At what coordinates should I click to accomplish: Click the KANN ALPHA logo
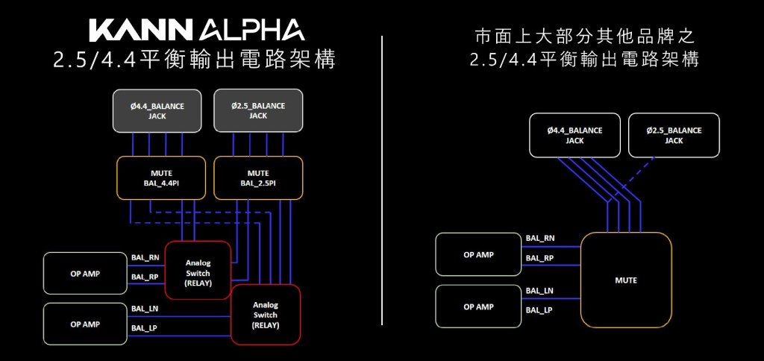coord(197,30)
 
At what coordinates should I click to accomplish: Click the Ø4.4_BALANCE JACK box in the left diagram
coord(157,111)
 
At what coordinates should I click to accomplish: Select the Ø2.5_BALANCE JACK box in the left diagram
coord(258,111)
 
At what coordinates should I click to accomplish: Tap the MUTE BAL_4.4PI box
coord(161,178)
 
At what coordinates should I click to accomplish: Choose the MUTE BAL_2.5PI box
coord(258,178)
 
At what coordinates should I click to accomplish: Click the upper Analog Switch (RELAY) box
coord(198,270)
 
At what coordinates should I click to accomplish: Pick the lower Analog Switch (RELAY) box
coord(266,314)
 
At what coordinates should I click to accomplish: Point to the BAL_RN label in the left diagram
coord(145,258)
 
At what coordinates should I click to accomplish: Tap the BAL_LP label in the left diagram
coord(144,327)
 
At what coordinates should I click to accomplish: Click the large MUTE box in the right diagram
coord(625,280)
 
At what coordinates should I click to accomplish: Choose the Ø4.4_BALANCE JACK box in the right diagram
coord(574,135)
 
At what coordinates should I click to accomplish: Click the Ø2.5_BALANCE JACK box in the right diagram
coord(674,135)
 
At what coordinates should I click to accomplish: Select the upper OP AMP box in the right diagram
coord(478,254)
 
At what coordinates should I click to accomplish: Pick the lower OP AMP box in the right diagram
coord(478,306)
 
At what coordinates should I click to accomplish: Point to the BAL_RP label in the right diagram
coord(539,258)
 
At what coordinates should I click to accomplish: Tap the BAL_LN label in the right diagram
coord(539,290)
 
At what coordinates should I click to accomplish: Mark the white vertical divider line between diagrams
coord(382,179)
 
